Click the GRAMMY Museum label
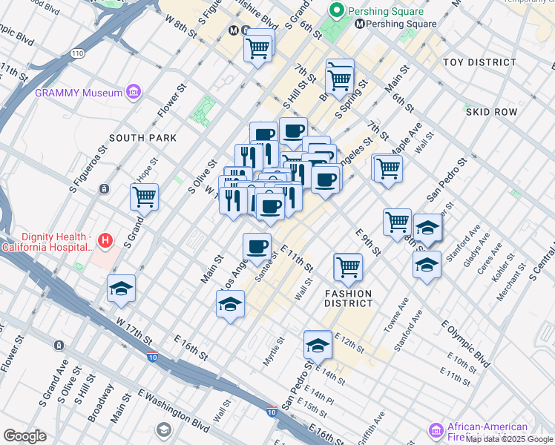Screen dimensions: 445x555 [78, 93]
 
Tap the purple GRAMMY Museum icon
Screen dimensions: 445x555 [134, 92]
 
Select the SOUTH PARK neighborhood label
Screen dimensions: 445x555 [143, 138]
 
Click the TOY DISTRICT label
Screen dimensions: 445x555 [479, 63]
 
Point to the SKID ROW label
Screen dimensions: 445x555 [491, 112]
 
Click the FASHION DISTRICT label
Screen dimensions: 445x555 [349, 298]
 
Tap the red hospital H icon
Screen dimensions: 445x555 [105, 240]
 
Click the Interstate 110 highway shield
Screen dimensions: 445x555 [77, 53]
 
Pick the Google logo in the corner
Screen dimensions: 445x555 [24, 435]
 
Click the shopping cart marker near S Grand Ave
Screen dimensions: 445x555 [145, 197]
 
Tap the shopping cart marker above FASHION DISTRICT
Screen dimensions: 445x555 [348, 266]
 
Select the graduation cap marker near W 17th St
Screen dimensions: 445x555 [122, 289]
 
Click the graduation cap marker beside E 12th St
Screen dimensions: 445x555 [318, 345]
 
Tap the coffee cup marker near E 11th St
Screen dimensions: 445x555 [257, 246]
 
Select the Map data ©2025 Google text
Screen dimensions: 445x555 [510, 439]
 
